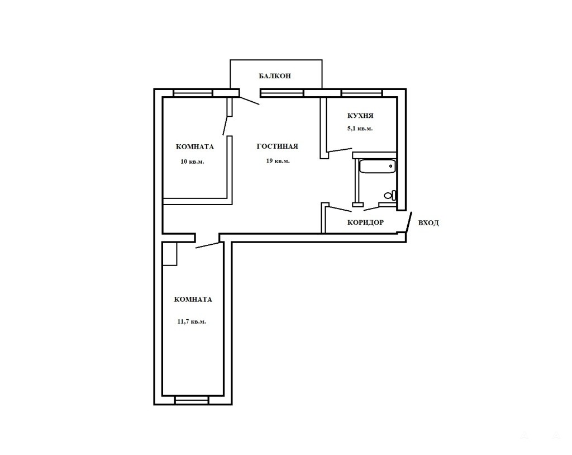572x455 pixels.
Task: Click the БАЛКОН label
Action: tap(275, 76)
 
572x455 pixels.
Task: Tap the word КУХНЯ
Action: tap(360, 116)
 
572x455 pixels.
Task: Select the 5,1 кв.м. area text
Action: tap(360, 129)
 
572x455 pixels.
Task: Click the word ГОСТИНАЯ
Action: tap(277, 146)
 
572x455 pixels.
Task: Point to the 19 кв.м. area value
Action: tap(278, 160)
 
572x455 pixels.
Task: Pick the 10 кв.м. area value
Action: tap(192, 162)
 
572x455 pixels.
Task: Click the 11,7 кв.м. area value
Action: tap(192, 322)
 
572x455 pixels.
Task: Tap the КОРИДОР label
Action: tap(365, 222)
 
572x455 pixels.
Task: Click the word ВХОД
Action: tap(428, 222)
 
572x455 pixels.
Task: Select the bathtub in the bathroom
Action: tap(378, 166)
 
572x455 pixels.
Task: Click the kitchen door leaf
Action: tap(340, 150)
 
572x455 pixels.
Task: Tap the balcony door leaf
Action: tap(250, 101)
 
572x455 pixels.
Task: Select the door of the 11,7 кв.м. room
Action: tap(208, 245)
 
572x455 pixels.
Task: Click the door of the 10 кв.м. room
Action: tap(226, 125)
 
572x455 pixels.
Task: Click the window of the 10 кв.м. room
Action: tap(193, 93)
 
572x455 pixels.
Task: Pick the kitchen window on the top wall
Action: tap(361, 93)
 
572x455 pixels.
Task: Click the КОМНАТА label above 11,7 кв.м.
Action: tap(193, 300)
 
